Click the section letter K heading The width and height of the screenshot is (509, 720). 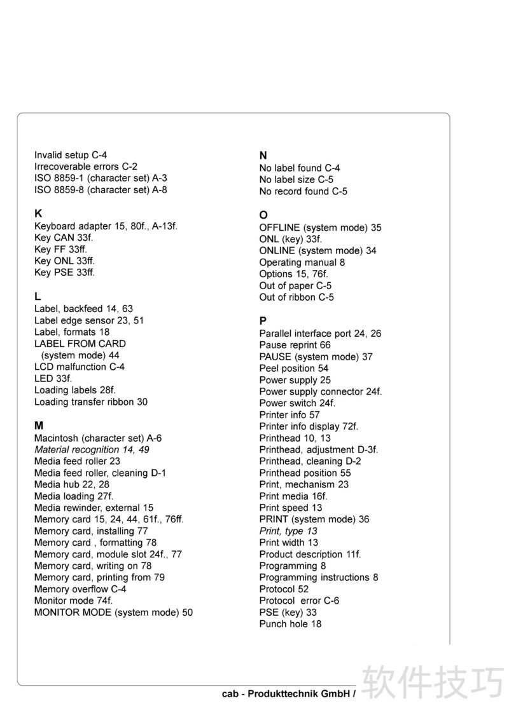click(x=38, y=214)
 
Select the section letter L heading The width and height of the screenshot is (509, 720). click(x=38, y=297)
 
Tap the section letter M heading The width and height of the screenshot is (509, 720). click(x=39, y=426)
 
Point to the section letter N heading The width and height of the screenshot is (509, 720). click(x=263, y=156)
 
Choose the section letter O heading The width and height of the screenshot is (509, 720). click(x=263, y=215)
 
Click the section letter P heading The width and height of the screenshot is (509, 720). click(x=263, y=322)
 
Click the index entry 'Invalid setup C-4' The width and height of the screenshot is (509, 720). click(x=71, y=155)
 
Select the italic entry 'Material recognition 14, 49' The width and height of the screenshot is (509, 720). click(x=92, y=449)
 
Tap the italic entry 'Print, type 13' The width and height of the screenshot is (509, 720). click(x=288, y=531)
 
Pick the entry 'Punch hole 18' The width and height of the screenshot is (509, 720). click(x=290, y=624)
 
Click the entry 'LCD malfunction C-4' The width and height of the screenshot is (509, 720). click(x=80, y=367)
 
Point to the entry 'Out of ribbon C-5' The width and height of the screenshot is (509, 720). click(x=296, y=297)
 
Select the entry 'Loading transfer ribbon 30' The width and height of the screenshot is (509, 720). click(x=91, y=402)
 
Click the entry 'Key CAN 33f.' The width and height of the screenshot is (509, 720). click(x=64, y=238)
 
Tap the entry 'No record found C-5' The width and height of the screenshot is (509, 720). click(x=303, y=191)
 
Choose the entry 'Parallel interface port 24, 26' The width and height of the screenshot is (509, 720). click(x=320, y=334)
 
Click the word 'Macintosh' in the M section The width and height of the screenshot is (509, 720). click(x=57, y=438)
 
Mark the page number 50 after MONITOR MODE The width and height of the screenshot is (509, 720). click(x=187, y=613)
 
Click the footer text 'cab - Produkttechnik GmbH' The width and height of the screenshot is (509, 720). click(x=286, y=694)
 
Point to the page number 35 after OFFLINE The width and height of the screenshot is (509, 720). click(x=376, y=228)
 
